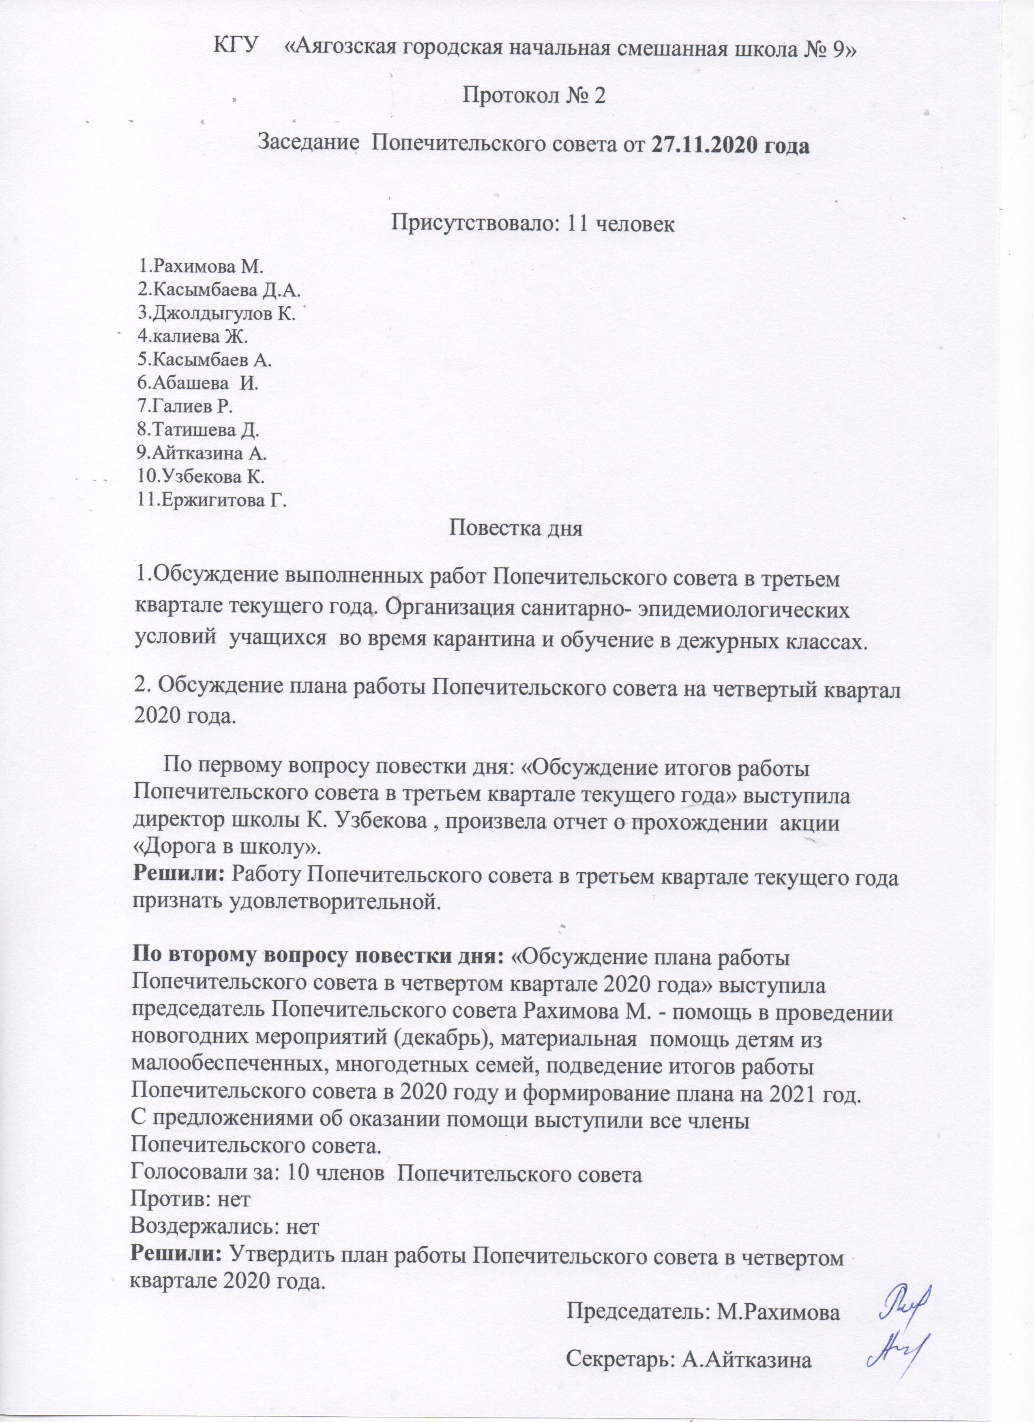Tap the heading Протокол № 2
pos(533,96)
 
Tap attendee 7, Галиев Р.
pos(185,406)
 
